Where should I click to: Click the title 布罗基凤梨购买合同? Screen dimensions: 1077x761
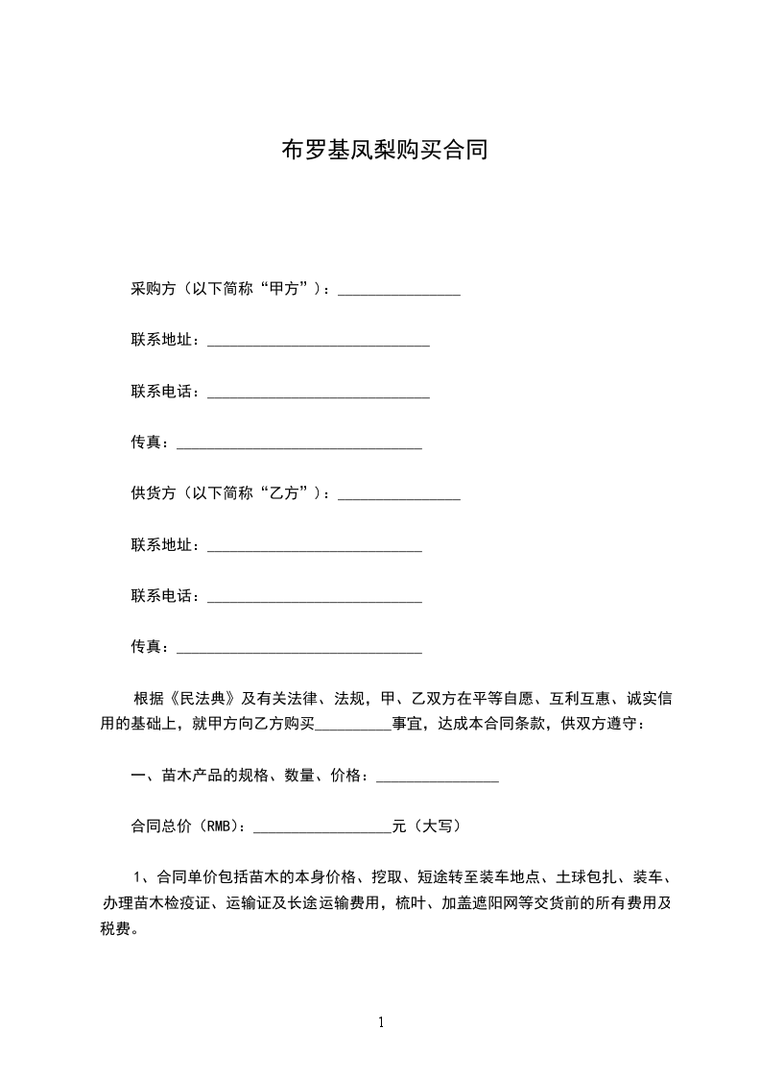(384, 151)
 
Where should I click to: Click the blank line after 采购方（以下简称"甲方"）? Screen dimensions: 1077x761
(399, 290)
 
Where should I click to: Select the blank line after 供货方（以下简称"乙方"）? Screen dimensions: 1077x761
(399, 494)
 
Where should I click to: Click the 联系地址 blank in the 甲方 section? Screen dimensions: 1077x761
(319, 341)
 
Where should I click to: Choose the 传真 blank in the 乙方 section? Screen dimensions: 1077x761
(300, 648)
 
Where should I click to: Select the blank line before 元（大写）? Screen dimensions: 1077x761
(321, 826)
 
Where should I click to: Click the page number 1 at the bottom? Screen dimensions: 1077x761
(381, 1022)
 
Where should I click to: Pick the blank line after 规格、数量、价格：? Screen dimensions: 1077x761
(437, 776)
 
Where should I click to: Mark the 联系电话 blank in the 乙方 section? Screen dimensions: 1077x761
(315, 596)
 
